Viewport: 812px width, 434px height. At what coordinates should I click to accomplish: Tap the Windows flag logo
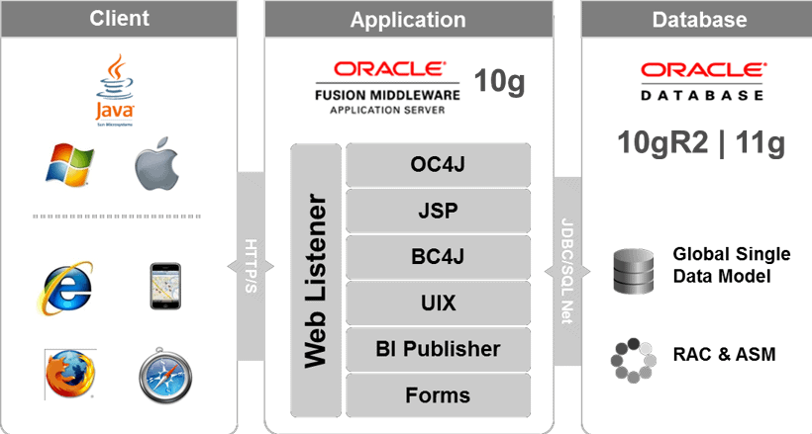click(68, 164)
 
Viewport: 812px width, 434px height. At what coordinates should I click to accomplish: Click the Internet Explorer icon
click(66, 287)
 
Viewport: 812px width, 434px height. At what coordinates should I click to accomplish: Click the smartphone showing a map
click(165, 287)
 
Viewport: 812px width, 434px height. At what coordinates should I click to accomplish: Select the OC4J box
click(438, 164)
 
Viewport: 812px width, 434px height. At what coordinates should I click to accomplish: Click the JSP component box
click(438, 211)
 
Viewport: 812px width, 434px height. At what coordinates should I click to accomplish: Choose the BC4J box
click(438, 257)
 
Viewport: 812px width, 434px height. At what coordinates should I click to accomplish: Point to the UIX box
click(438, 303)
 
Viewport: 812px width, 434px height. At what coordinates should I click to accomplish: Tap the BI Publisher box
click(438, 349)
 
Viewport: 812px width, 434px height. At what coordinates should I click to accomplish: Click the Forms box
click(438, 395)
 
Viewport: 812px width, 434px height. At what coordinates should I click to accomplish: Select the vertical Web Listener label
click(316, 281)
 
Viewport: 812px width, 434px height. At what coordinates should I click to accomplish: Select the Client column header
click(119, 19)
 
